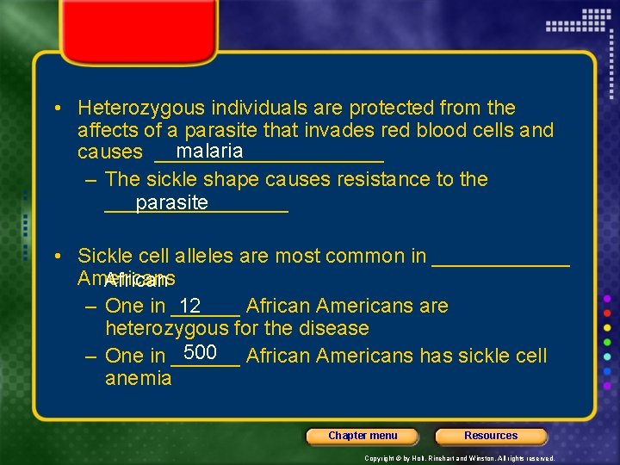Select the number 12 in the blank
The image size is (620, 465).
click(190, 306)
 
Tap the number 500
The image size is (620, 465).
click(200, 352)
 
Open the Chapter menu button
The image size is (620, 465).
click(363, 436)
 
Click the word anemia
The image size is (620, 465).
click(138, 379)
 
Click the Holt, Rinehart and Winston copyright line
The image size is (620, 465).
click(459, 458)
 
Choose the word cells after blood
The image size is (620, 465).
click(514, 131)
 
